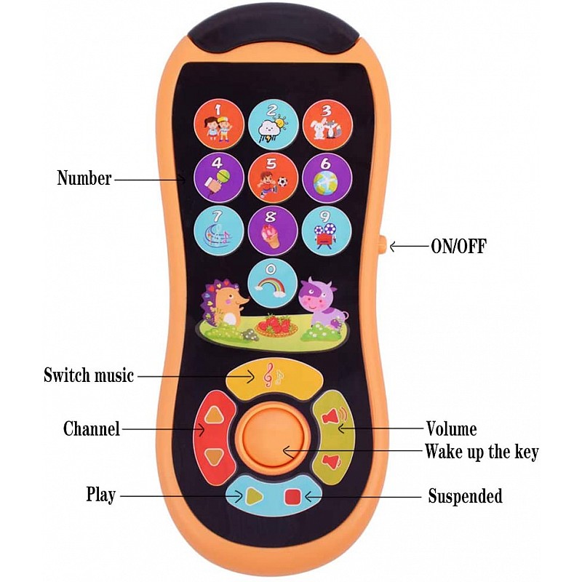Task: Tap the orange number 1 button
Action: point(218,124)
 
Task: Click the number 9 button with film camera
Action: point(327,231)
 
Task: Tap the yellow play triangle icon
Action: point(252,496)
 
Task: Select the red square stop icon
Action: point(292,496)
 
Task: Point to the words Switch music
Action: point(89,375)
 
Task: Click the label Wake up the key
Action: point(482,452)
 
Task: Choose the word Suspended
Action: point(465,497)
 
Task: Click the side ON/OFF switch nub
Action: point(382,245)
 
